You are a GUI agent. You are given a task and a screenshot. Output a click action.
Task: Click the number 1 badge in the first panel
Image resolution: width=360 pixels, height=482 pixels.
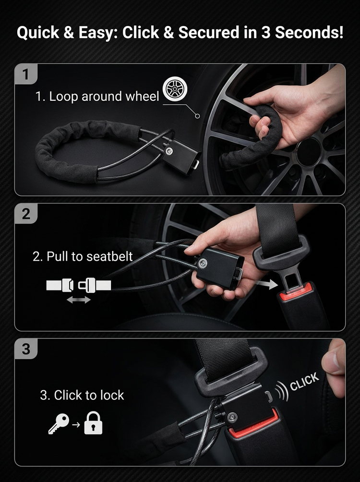(26, 74)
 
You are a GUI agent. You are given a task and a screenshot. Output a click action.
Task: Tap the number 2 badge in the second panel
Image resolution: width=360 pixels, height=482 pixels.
(26, 213)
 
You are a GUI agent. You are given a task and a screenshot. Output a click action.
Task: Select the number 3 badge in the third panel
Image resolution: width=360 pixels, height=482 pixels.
(26, 349)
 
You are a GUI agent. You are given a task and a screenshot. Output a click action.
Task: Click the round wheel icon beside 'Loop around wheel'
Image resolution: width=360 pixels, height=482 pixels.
(175, 89)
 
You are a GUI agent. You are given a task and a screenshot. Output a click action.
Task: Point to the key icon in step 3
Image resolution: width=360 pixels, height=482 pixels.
(59, 423)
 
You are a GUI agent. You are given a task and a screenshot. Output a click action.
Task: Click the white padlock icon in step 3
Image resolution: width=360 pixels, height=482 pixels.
(93, 423)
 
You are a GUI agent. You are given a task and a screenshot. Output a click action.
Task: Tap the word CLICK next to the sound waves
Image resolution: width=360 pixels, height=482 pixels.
(304, 382)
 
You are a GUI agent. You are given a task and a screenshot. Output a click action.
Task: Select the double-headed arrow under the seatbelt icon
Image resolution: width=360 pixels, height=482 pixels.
(79, 300)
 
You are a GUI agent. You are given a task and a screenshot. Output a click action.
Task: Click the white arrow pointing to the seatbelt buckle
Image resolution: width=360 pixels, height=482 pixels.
(266, 284)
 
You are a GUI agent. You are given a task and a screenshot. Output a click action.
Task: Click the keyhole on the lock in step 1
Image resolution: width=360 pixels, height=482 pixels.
(169, 151)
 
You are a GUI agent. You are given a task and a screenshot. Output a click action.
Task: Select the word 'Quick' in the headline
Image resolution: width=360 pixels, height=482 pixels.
(38, 33)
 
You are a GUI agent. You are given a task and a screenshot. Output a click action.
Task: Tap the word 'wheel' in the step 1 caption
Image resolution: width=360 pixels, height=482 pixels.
(143, 96)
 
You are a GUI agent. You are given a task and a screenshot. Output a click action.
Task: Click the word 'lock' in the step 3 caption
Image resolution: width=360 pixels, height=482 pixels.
(111, 395)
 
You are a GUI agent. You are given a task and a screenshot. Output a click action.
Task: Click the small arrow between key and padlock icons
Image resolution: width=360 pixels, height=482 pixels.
(76, 424)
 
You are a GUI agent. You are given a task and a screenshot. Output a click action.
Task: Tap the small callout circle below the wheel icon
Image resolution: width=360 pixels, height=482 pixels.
(197, 116)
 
